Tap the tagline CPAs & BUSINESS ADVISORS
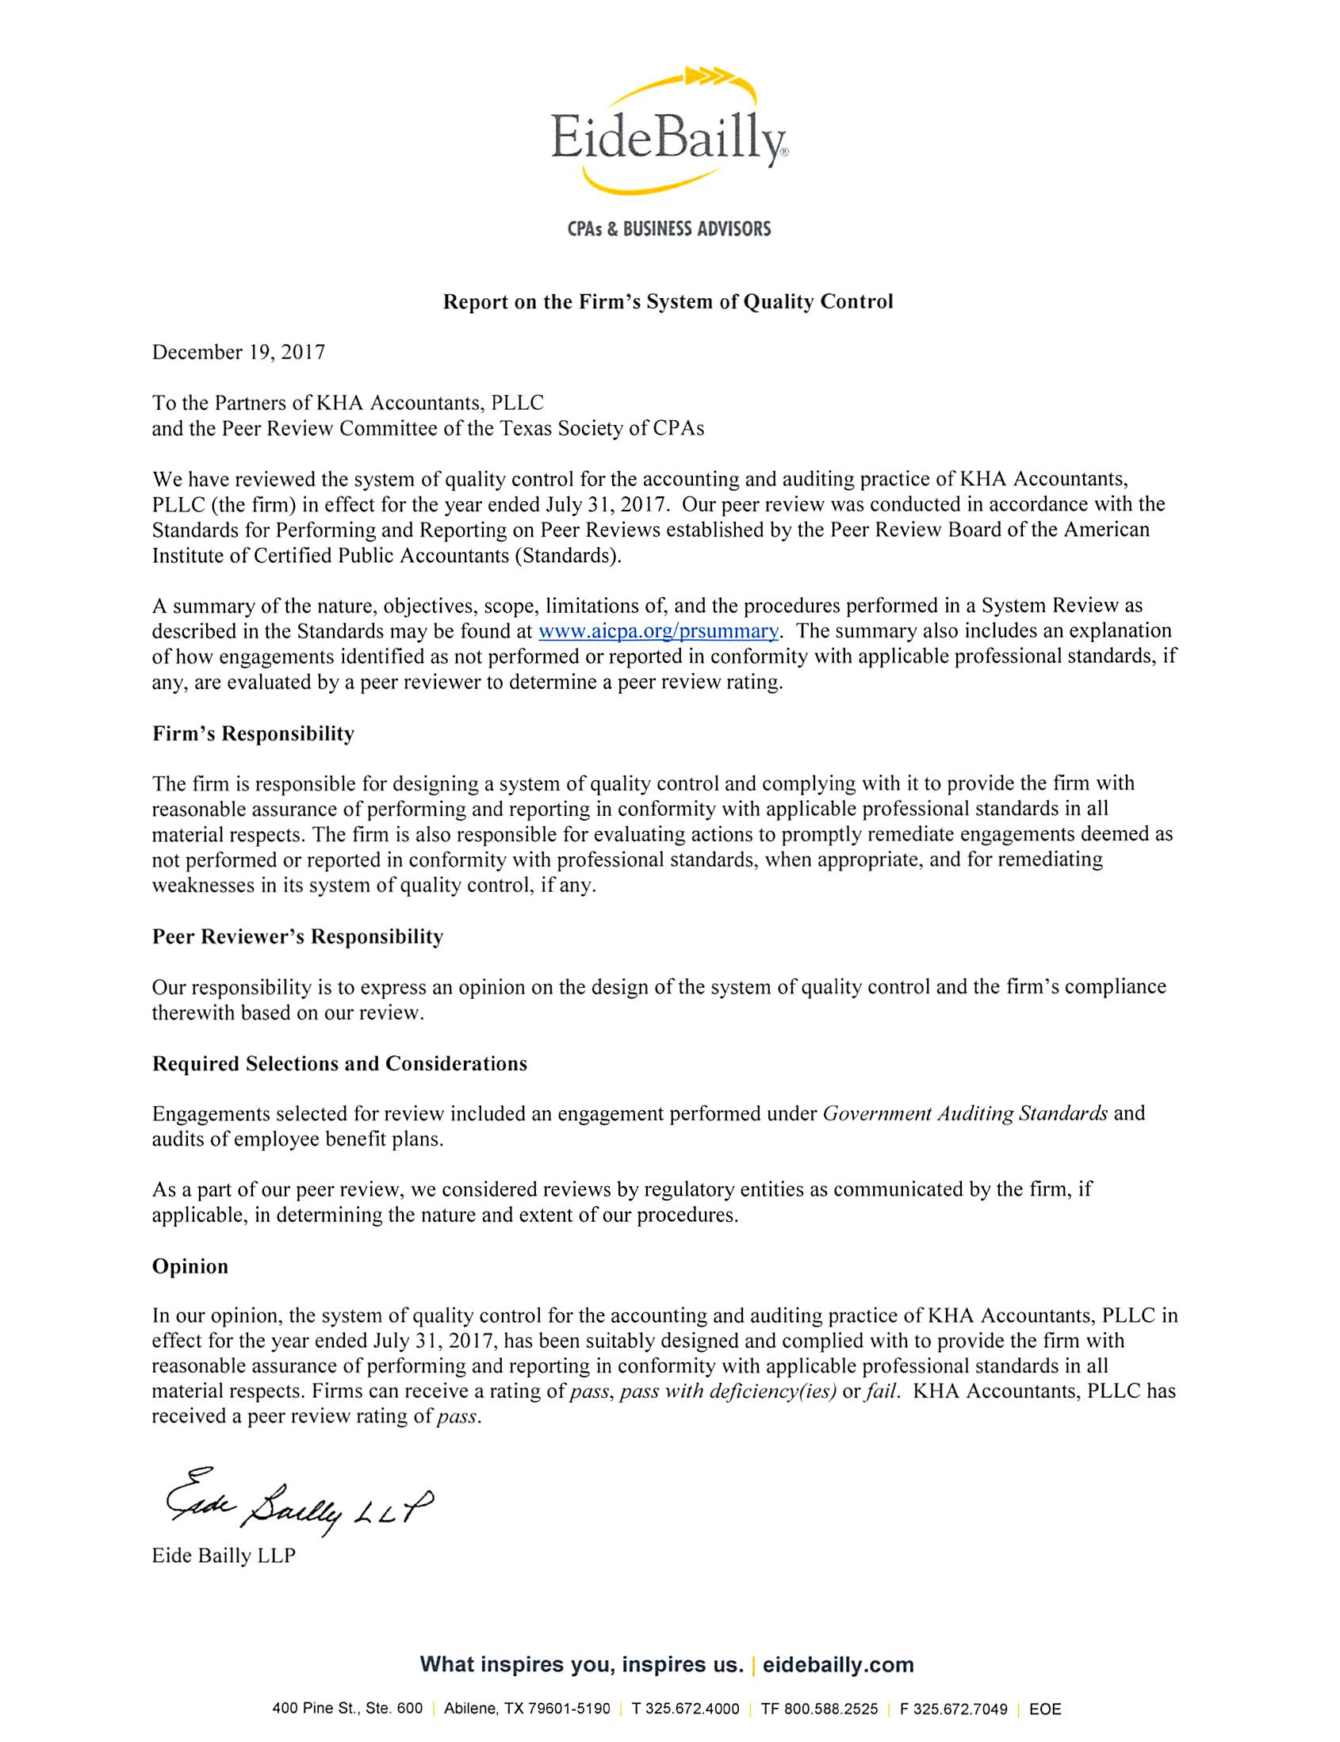coord(668,230)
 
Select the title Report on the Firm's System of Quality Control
coord(668,301)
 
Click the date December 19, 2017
coord(239,353)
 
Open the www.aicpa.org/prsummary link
coord(658,631)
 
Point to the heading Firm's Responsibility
coord(253,733)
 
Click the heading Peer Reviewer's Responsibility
coord(297,936)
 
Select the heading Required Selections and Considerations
coord(340,1063)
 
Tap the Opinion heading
coord(190,1265)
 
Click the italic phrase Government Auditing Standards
coord(964,1113)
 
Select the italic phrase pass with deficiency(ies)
coord(727,1392)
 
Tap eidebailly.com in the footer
coord(837,1664)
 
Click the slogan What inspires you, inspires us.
coord(581,1664)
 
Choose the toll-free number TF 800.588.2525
coord(819,1709)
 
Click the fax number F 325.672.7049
coord(953,1709)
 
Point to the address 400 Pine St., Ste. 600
coord(347,1709)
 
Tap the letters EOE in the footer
coord(1045,1709)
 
